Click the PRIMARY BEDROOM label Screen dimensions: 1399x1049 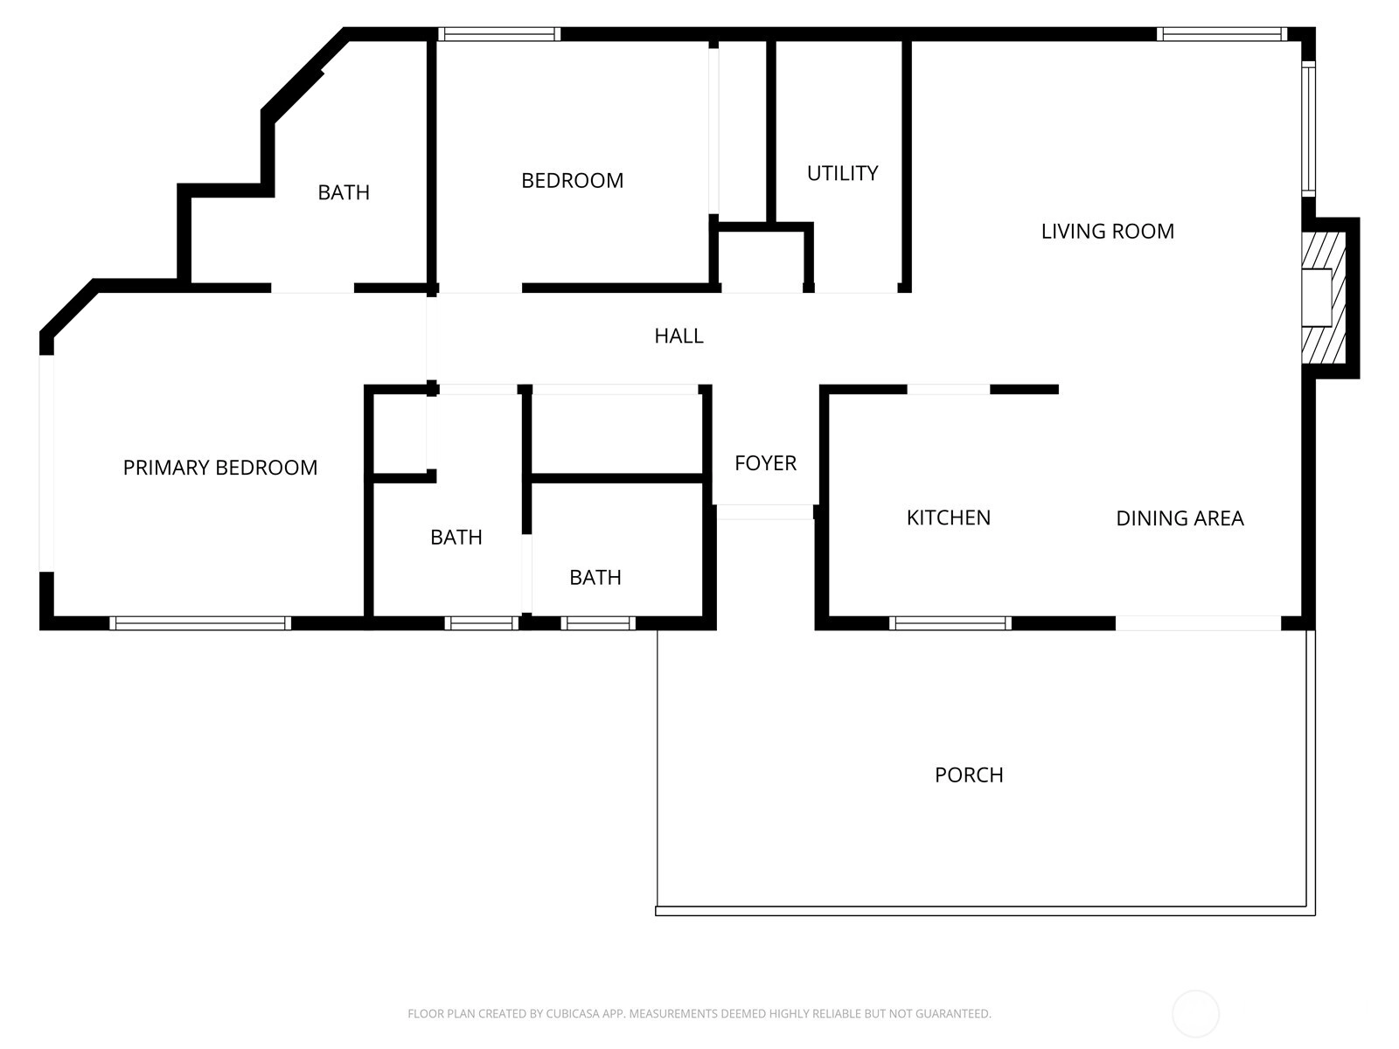(219, 468)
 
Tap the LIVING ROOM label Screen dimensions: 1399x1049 (1108, 231)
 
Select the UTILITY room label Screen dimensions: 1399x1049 (843, 173)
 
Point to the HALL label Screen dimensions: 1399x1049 (679, 336)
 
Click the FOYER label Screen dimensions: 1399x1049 (765, 463)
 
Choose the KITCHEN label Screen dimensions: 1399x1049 (949, 518)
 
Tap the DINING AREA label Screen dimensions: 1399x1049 (1180, 518)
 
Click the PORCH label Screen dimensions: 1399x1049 (969, 775)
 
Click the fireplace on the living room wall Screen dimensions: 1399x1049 (1324, 298)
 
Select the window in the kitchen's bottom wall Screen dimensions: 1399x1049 (950, 623)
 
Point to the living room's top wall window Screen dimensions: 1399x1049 (1222, 34)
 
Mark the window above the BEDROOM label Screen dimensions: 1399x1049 (499, 34)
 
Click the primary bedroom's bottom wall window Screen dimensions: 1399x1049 (200, 623)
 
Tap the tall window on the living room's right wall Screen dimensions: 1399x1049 (1308, 129)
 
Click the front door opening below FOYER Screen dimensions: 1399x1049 (765, 512)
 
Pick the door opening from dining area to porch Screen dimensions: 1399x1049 (1198, 623)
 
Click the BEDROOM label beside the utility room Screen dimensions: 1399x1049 (573, 181)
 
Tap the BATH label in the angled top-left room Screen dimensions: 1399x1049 (344, 192)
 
